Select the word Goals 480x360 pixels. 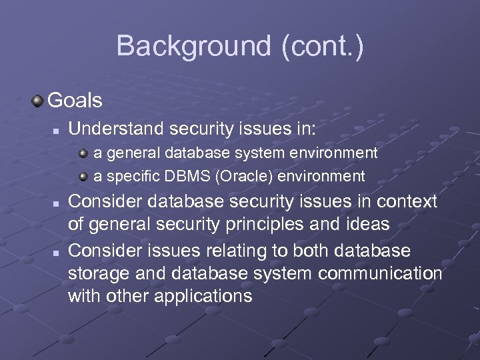(75, 101)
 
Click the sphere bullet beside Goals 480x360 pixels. (37, 101)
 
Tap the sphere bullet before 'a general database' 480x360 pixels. (83, 153)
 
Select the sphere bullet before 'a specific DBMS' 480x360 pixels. (83, 177)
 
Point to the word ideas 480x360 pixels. (369, 224)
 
